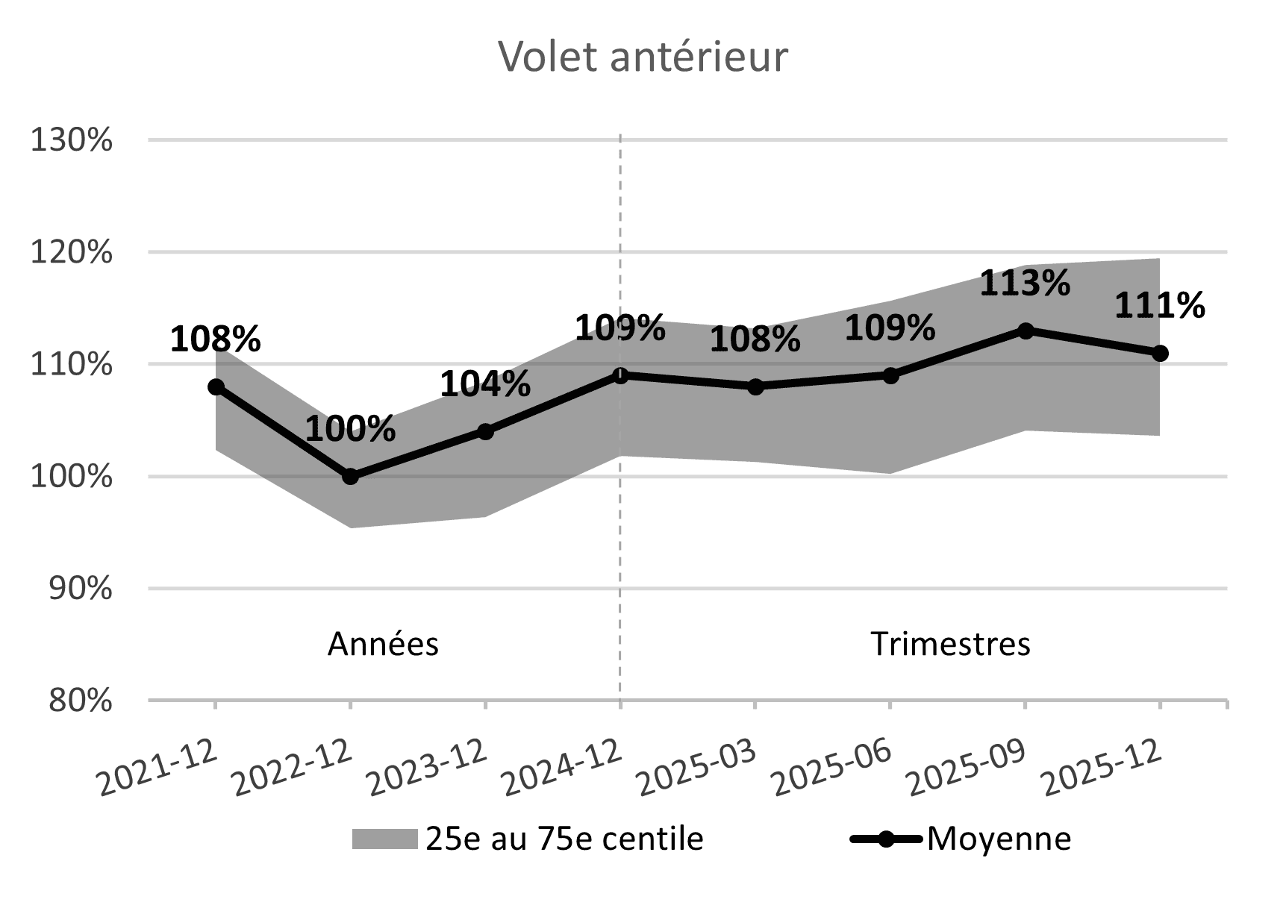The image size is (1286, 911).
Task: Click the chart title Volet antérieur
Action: coord(642,57)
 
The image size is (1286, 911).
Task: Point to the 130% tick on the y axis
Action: coord(72,140)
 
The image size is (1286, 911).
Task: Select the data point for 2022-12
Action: coord(350,476)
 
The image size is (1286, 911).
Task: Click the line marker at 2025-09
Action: coord(1026,331)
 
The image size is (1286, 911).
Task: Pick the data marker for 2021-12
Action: coord(216,386)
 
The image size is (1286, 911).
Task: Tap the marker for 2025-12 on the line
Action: coord(1160,353)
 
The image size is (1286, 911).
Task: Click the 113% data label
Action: coord(1024,284)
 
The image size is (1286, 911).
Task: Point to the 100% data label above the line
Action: coord(350,430)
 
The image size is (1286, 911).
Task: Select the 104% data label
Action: coord(485,384)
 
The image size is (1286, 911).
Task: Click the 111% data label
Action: coord(1159,306)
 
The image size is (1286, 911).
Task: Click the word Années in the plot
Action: coord(383,644)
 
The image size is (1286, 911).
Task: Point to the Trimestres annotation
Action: coord(950,644)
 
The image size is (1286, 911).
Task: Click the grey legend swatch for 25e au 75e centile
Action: coord(384,839)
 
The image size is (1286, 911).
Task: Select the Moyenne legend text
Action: coord(999,839)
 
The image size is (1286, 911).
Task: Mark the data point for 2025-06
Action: coord(890,375)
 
